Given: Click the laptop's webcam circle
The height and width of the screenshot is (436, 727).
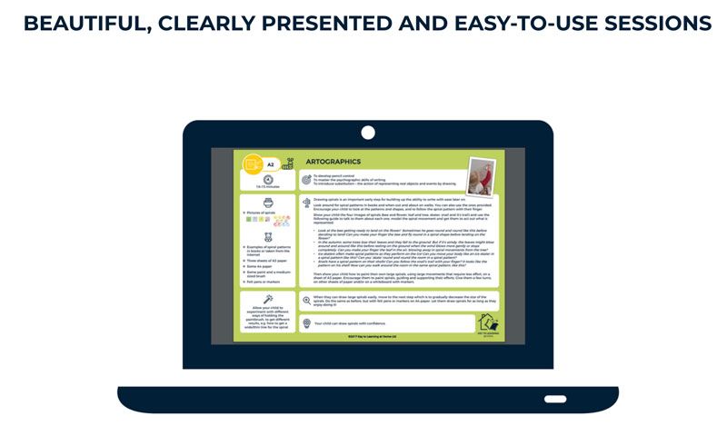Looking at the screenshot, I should click(x=368, y=132).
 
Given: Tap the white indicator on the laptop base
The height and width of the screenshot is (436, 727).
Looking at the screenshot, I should click(x=555, y=399).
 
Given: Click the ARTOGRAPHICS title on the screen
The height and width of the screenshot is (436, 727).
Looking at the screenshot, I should click(x=334, y=162).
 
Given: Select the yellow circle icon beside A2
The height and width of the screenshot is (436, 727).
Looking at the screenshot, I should click(x=254, y=164).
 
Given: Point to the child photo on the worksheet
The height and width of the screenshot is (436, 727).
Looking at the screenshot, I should click(x=480, y=175).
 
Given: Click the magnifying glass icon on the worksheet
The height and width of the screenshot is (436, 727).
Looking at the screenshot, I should click(x=307, y=299).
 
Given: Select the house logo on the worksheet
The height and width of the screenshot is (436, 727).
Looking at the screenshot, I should click(x=486, y=322).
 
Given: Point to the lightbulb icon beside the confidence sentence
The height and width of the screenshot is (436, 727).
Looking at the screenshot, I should click(x=307, y=322).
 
